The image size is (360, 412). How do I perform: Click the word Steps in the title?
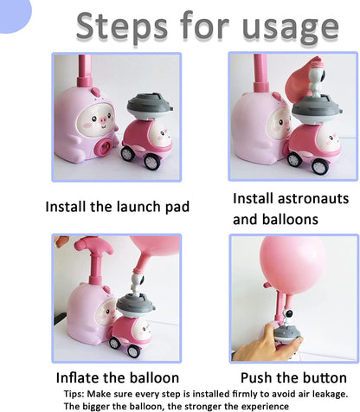122,28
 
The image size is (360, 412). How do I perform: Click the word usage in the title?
291,29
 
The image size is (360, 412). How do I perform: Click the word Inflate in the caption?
78,377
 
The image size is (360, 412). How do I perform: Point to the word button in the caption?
324,377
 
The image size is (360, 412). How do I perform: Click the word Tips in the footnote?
74,394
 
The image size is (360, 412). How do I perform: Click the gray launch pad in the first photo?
150,106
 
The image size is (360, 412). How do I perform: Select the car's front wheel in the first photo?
151,161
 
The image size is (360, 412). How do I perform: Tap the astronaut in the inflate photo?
138,284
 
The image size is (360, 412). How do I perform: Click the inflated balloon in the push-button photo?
292,265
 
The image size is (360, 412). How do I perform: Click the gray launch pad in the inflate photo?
135,306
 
